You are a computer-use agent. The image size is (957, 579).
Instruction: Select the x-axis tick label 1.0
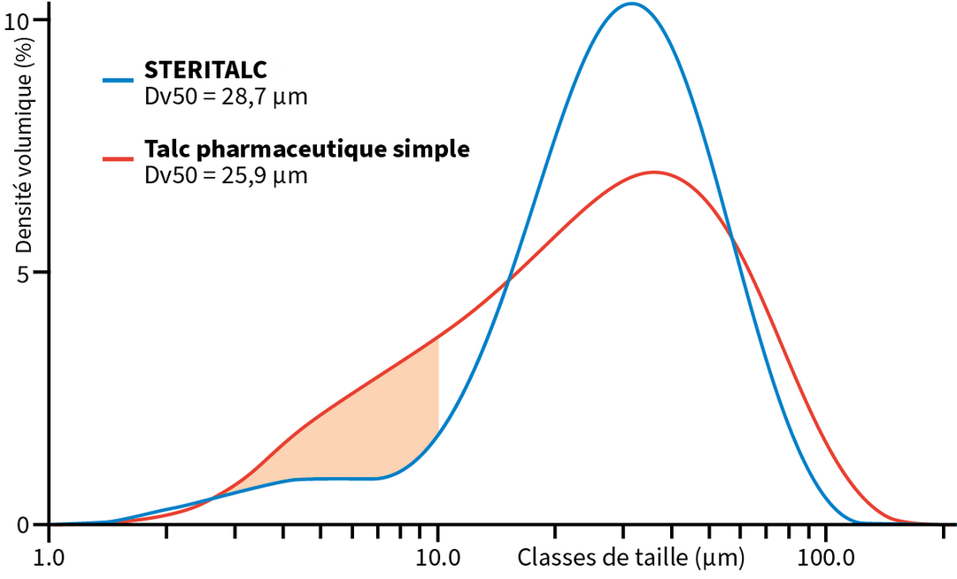click(50, 559)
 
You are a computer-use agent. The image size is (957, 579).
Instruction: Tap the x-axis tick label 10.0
click(438, 559)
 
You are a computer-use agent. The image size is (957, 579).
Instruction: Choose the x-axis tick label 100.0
click(825, 559)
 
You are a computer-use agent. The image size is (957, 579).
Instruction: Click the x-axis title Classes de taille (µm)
click(630, 558)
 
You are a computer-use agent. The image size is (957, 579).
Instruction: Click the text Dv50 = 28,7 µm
click(226, 96)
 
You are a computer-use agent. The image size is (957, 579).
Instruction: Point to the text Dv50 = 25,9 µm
click(226, 175)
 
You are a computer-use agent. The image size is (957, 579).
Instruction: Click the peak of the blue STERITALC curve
click(630, 4)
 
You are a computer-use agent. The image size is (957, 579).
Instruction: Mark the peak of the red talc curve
click(653, 172)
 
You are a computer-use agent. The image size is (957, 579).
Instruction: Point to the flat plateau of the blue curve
click(336, 478)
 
